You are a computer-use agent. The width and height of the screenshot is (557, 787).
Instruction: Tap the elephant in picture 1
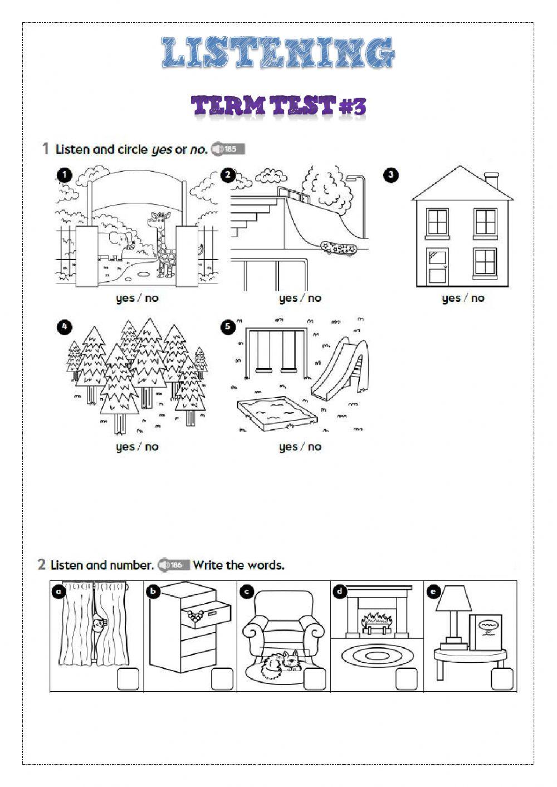pyautogui.click(x=115, y=246)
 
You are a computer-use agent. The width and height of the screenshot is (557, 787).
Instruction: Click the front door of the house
pyautogui.click(x=437, y=266)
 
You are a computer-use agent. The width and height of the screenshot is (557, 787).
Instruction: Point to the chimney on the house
pyautogui.click(x=491, y=181)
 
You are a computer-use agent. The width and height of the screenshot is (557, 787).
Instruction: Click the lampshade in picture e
pyautogui.click(x=453, y=599)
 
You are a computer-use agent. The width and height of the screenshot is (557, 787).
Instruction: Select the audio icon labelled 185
pyautogui.click(x=227, y=149)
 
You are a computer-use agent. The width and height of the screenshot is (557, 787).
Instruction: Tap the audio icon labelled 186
pyautogui.click(x=173, y=565)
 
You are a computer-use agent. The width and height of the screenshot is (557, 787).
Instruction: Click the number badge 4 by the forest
pyautogui.click(x=65, y=326)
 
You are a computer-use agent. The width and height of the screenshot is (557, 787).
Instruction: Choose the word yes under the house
pyautogui.click(x=451, y=299)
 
